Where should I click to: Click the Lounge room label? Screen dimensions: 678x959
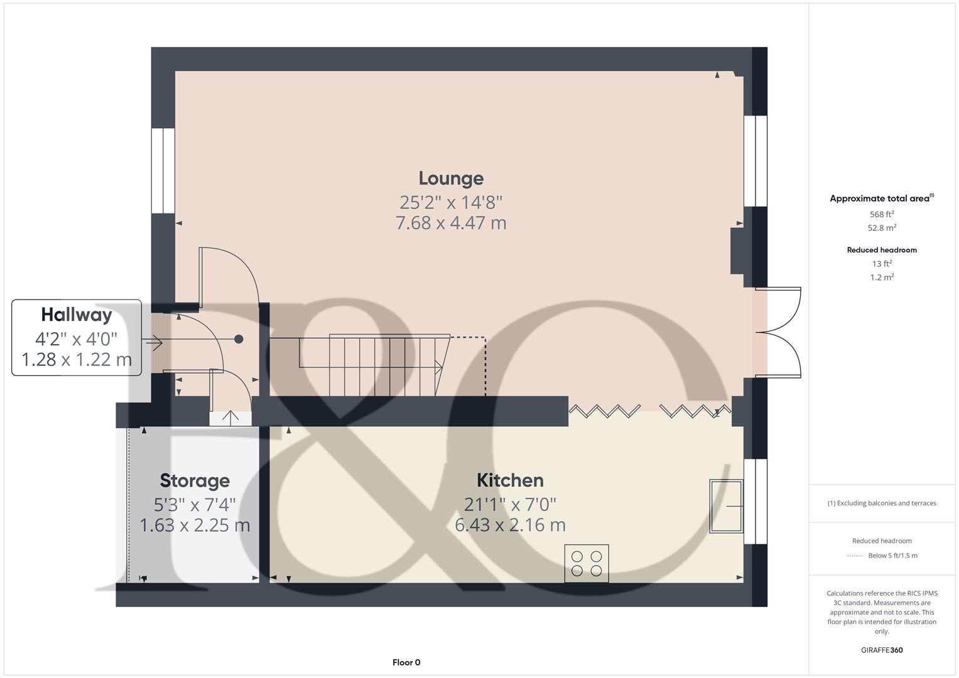pos(451,178)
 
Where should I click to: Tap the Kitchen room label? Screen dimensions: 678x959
pos(510,480)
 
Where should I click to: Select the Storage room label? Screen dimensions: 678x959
pos(195,481)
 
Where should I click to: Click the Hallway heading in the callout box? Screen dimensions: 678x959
pos(77,315)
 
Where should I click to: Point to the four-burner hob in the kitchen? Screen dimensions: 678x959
pos(587,563)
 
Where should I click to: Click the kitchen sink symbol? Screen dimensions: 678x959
pos(726,506)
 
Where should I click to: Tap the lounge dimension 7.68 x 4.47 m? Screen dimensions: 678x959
pos(451,223)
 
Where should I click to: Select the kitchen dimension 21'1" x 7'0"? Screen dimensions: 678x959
pos(510,504)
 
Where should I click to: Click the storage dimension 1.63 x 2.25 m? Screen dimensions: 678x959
pos(195,525)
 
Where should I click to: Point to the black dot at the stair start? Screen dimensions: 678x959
pos(239,339)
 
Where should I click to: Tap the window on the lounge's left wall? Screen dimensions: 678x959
pos(163,171)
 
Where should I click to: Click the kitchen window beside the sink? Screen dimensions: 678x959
pos(756,501)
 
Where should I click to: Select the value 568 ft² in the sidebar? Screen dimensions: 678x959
pos(882,214)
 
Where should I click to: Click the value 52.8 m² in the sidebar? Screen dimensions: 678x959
pos(882,228)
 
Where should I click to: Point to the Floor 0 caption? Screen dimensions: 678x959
pos(406,662)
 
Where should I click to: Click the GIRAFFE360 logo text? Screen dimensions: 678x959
pos(882,650)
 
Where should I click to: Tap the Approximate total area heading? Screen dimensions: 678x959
pos(880,198)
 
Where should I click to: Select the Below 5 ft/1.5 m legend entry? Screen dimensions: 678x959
pos(892,556)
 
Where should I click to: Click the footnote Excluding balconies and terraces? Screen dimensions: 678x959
pos(882,503)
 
